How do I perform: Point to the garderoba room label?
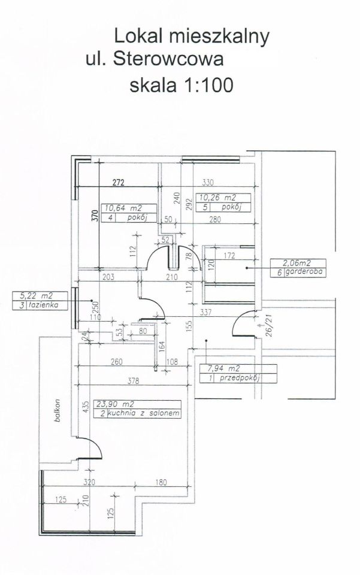(x=303, y=273)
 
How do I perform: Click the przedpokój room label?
(x=240, y=379)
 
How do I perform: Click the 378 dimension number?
(x=134, y=381)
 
